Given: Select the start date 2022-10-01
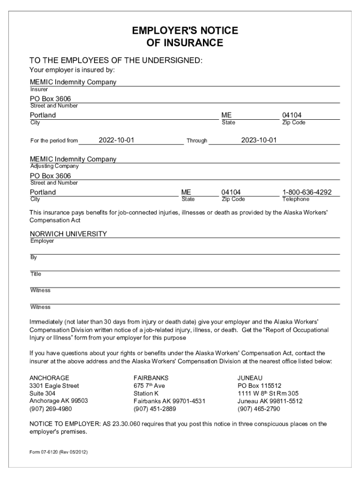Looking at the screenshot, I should tap(117, 140).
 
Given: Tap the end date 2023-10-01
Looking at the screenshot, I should tap(259, 140).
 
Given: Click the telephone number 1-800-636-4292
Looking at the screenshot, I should tap(307, 192).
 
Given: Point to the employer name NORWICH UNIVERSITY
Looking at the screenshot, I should tap(69, 234).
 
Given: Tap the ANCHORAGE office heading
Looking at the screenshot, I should tap(50, 377).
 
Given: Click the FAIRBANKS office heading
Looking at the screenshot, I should tap(151, 377).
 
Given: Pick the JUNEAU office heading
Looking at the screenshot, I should tap(250, 377).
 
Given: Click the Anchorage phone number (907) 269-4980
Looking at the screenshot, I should tap(50, 408).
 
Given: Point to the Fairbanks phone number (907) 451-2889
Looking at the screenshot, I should tap(155, 408).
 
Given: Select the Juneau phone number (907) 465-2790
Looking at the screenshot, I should tap(259, 408).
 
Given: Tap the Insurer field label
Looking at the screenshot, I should tap(39, 89).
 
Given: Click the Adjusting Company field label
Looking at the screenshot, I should tap(54, 166).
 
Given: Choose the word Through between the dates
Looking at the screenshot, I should tap(197, 140).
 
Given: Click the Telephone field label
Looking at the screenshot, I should tap(296, 199).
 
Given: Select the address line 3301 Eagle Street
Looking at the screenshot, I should tap(54, 386).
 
